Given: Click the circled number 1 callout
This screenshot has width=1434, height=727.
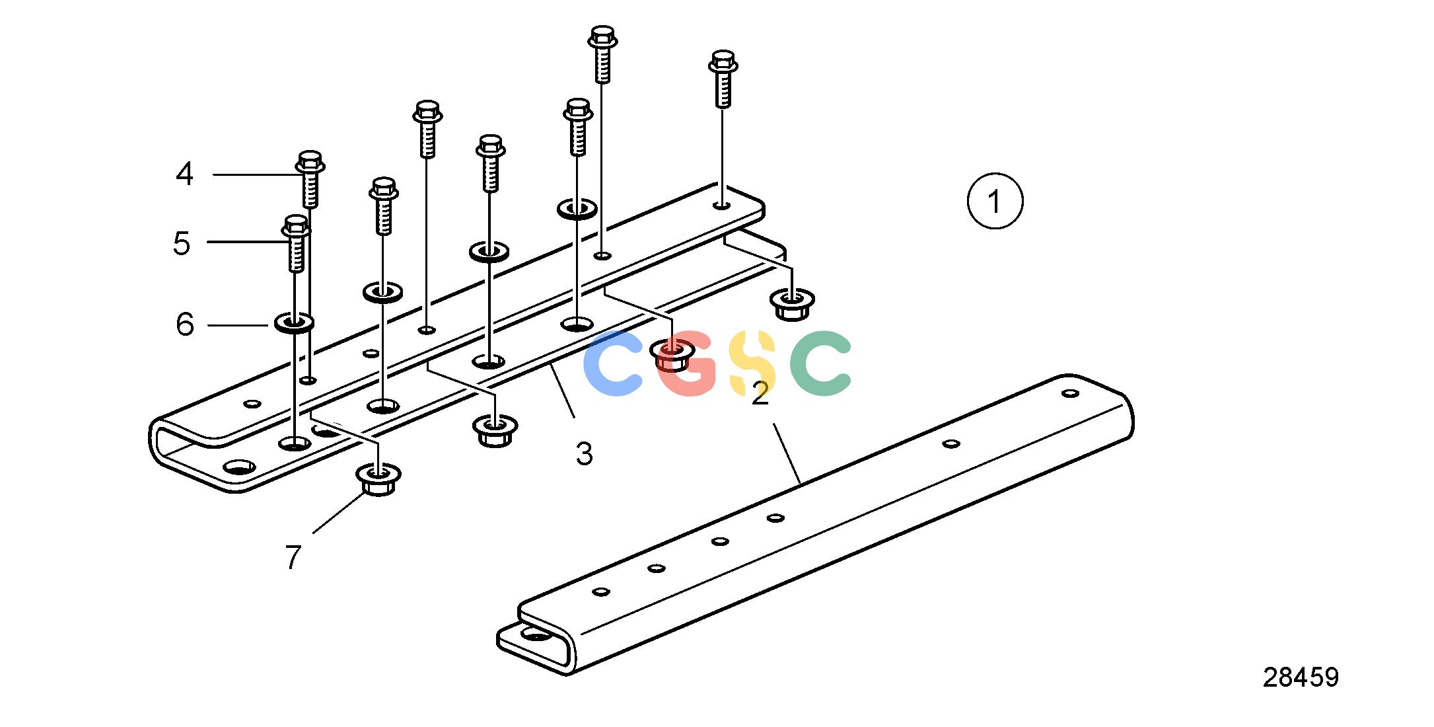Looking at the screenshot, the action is pos(995,201).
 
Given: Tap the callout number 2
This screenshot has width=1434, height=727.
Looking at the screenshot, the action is pos(760,394).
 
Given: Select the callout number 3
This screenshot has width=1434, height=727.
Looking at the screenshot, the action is pos(584,454).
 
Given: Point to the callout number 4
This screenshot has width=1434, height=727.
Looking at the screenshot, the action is pos(184,174).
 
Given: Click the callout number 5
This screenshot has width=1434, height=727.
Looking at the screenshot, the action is pos(182,243).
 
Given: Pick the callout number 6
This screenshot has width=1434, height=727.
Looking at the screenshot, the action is pos(185,324).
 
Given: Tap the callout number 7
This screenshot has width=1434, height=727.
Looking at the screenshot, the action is pos(293,557).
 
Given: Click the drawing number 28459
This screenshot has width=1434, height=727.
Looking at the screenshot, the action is pos(1301,677).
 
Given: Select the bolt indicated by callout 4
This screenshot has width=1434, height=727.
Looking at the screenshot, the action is pos(310,179).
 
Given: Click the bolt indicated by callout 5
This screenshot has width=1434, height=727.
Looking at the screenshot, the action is pos(296,243).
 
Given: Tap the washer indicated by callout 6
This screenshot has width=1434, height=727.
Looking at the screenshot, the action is pos(294,323).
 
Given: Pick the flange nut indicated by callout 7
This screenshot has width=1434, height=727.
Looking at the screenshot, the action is pos(378,480).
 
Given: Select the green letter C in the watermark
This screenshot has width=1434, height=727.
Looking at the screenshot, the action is pos(820,363).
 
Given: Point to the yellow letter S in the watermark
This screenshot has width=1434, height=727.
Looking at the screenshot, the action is pos(754,363).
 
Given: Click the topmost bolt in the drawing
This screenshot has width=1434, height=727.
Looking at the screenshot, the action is pos(602,54).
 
